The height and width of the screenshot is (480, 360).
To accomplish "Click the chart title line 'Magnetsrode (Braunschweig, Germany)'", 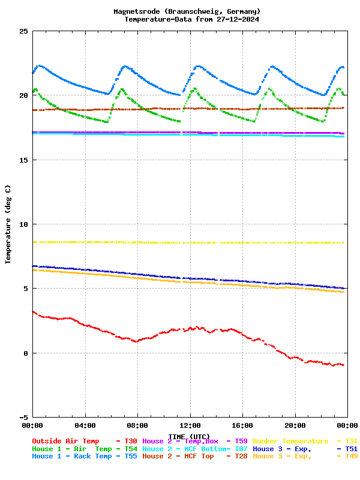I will click(x=187, y=11).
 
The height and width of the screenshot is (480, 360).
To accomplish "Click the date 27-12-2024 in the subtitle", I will click(x=238, y=19).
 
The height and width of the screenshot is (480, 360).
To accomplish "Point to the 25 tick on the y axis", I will click(x=23, y=31).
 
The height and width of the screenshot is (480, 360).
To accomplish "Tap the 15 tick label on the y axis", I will click(x=23, y=160).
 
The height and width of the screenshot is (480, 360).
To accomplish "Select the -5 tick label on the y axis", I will click(x=23, y=417).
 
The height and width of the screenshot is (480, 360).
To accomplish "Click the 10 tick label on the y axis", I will click(x=23, y=224).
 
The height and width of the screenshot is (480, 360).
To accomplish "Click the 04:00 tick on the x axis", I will click(x=85, y=425).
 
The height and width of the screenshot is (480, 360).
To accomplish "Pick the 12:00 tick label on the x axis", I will click(x=190, y=425).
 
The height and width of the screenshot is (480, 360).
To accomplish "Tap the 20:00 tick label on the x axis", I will click(x=295, y=425).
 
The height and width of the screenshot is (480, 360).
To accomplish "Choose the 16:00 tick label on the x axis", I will click(x=242, y=425).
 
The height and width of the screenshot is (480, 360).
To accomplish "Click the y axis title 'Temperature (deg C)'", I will click(x=8, y=224).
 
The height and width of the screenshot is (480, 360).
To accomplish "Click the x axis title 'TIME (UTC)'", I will click(x=190, y=436).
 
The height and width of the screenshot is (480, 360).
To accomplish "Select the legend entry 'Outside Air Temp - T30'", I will click(x=84, y=441).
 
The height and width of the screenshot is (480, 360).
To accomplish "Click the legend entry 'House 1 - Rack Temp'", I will click(x=71, y=457).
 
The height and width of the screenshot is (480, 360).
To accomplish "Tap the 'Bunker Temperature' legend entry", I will click(x=291, y=441).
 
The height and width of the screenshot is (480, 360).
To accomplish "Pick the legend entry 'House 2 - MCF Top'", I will click(x=178, y=457).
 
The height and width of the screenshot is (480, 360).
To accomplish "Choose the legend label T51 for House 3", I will click(x=351, y=449).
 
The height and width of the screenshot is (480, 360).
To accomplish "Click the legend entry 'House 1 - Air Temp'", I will click(x=71, y=449).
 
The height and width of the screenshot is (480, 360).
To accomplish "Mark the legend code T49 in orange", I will click(x=351, y=457).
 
